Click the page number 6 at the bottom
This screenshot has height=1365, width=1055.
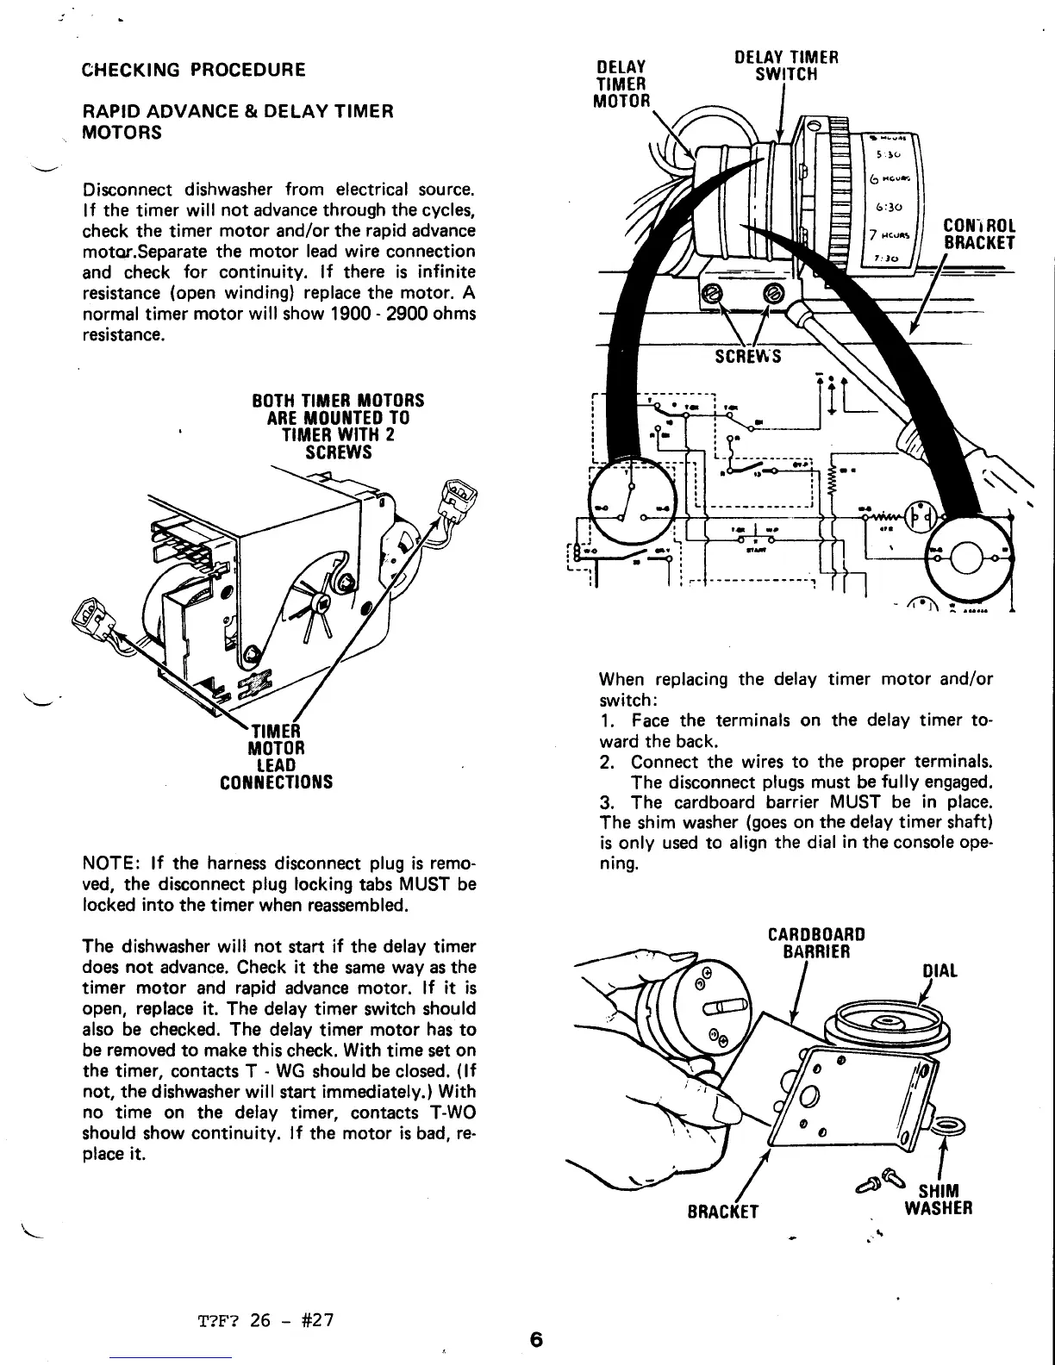[537, 1340]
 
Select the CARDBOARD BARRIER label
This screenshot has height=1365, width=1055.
[815, 943]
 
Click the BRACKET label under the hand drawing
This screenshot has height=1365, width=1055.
[723, 1212]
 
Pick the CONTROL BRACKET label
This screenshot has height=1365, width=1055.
[980, 234]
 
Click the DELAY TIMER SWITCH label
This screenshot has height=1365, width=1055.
[786, 66]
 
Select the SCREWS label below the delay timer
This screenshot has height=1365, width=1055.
[747, 356]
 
